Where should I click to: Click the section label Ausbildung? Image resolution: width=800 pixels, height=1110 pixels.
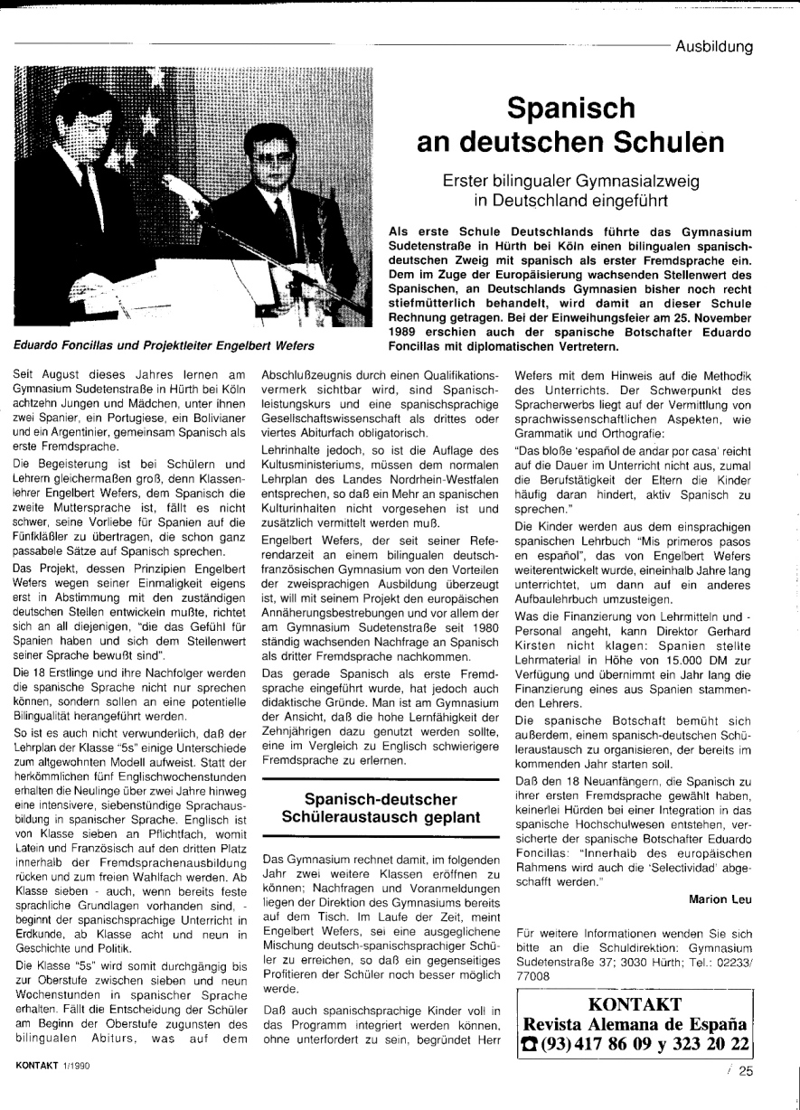click(x=714, y=47)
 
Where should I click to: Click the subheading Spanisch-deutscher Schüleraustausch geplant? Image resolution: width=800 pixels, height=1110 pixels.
click(x=380, y=810)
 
